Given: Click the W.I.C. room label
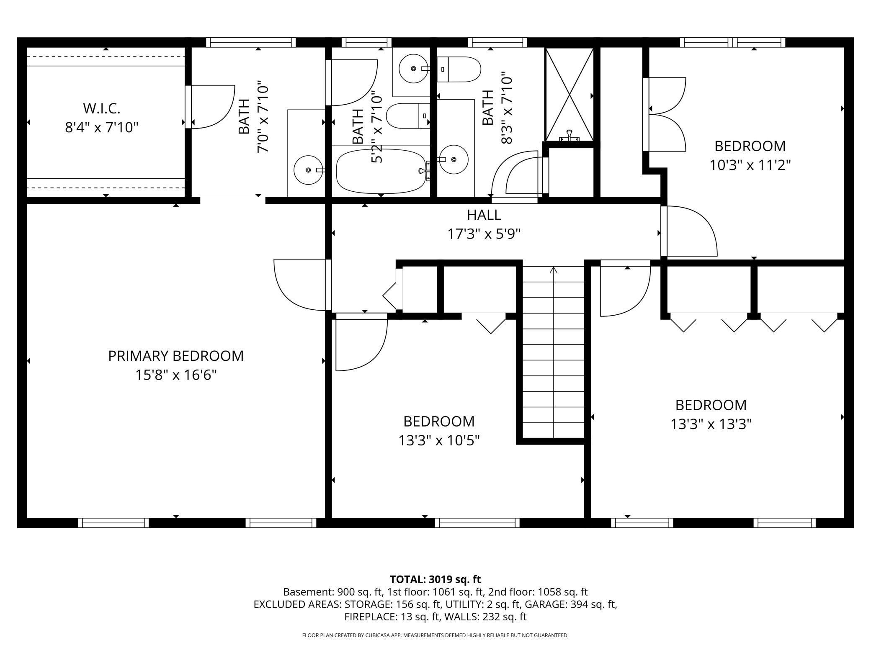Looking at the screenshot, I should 101,108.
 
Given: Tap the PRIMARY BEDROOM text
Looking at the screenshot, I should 175,356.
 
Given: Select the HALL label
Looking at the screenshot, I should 484,215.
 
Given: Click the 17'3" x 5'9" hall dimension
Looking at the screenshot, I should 484,234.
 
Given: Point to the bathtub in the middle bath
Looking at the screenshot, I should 380,172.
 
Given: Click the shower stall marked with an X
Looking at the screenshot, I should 569,94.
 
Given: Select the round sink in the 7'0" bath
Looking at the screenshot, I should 309,170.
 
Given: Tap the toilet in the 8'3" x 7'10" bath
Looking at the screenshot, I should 460,69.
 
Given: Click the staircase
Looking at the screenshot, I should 553,356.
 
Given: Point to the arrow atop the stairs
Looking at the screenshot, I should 554,270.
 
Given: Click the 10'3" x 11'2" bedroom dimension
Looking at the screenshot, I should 750,165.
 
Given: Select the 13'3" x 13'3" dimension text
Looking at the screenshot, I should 711,424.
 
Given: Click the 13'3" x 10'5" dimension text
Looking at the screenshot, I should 438,440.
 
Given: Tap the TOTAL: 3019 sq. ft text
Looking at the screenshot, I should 435,579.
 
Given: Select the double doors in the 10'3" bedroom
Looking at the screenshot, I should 666,114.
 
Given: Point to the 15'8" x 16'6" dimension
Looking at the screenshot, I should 175,375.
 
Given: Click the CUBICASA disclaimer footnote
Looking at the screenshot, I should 435,635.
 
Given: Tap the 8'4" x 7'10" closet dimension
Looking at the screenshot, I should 101,127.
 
